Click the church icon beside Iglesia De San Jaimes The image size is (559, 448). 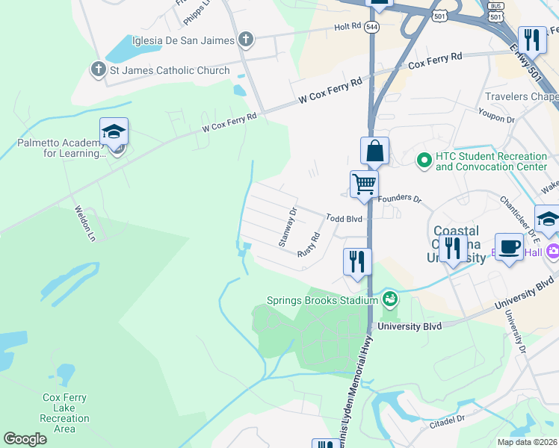coord(246,40)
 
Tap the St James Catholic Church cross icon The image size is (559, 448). coord(98,70)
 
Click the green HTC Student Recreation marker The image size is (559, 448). coord(424,161)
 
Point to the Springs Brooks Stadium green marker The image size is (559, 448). coord(389,300)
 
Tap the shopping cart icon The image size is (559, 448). coord(364,184)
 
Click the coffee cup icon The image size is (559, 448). coord(510,247)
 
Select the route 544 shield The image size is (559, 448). coord(372,26)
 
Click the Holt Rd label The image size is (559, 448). coord(348,26)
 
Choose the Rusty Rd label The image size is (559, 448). coord(308,243)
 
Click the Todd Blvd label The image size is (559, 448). coord(344,219)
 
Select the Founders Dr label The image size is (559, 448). coord(400,199)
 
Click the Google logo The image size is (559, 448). coord(25,439)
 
